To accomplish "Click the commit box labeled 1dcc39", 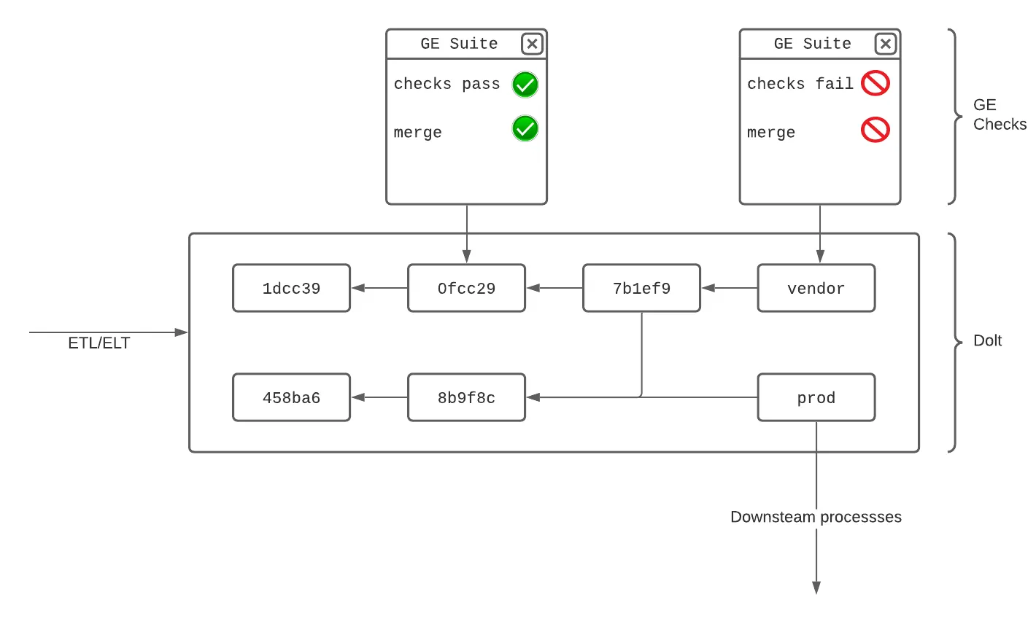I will tap(291, 288).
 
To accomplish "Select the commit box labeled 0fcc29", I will tap(466, 288).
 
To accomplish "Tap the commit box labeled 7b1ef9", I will tap(641, 288).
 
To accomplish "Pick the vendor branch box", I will tap(816, 288).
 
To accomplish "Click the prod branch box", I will tap(816, 397).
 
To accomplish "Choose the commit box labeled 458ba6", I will tap(291, 397).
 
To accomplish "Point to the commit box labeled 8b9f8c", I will tap(466, 397).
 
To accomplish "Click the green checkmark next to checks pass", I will tap(525, 85).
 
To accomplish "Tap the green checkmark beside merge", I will tap(525, 128).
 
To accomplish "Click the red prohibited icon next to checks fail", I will tap(875, 83).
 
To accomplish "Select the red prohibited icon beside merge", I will tap(875, 130).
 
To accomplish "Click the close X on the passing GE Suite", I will tap(532, 44).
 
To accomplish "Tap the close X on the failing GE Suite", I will tap(885, 44).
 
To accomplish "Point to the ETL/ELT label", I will tap(99, 343).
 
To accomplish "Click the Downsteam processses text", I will tap(816, 517).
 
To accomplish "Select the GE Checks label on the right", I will tap(999, 114).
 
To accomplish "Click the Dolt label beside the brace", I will tap(987, 340).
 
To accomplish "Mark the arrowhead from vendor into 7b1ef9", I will tap(708, 288).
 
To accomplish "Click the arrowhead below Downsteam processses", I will tap(816, 588).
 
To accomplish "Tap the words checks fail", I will tap(800, 84).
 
